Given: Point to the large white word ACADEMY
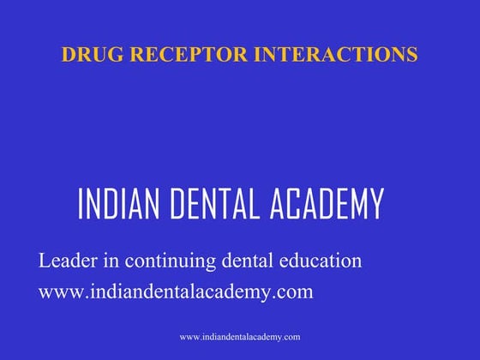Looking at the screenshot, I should [331, 204].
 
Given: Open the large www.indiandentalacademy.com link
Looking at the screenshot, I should [176, 291].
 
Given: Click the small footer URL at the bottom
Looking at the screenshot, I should [240, 337].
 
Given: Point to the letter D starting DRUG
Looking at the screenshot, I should [68, 55].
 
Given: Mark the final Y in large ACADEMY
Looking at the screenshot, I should [375, 204].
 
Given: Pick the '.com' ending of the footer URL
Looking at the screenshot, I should [291, 337].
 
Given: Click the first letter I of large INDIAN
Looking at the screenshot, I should [81, 204].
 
